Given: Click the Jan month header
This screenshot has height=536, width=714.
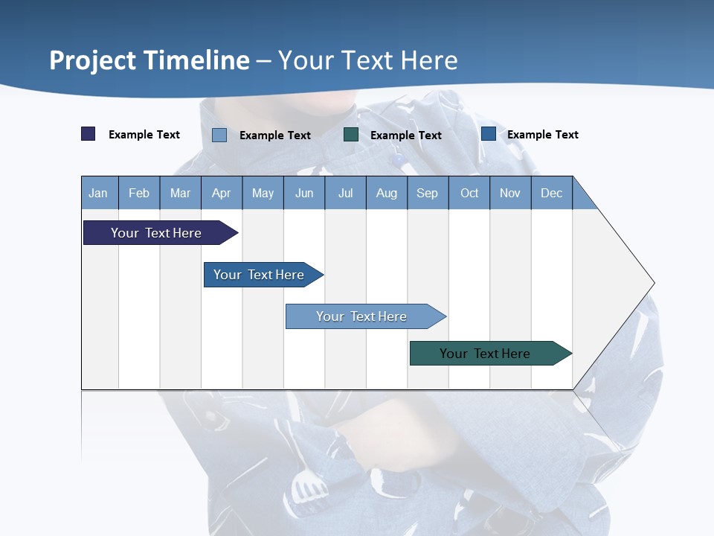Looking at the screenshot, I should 98,193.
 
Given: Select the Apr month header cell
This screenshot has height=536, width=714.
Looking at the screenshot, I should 221,193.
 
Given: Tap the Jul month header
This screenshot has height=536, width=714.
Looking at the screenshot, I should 345,193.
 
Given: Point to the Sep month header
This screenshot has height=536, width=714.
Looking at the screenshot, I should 427,193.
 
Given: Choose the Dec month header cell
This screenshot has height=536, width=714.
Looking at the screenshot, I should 551,193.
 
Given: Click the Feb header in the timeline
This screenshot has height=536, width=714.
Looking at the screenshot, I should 139,193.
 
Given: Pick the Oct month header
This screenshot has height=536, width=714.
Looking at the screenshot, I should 469,193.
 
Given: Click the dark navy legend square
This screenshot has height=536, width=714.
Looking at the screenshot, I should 89,134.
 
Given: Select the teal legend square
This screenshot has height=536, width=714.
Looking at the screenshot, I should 351,135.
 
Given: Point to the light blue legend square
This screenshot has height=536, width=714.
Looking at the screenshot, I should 219,135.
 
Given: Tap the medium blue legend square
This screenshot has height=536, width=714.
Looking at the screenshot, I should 489,134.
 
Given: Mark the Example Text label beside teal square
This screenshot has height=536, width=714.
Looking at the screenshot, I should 405,135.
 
